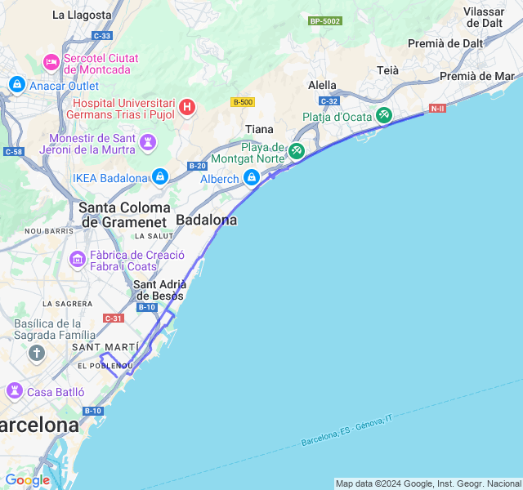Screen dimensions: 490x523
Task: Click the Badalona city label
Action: [207, 220]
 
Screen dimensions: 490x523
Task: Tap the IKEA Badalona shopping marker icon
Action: [159, 177]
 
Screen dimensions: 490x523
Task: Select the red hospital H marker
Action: [187, 108]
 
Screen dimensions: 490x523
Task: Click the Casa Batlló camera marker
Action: [15, 391]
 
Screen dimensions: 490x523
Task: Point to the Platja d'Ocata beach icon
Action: [383, 116]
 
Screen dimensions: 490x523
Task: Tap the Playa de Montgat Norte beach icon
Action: [296, 151]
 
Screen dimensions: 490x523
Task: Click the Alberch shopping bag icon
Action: [252, 178]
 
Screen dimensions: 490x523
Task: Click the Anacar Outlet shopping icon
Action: [16, 84]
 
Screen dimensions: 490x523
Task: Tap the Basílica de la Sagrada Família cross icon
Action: [36, 353]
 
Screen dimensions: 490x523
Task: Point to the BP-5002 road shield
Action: [325, 20]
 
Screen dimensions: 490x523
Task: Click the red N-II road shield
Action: [438, 108]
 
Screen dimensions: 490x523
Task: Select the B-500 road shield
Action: [242, 102]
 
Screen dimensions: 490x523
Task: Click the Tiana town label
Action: [260, 129]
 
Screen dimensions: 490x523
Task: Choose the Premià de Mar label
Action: [476, 76]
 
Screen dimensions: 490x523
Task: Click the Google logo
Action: [27, 480]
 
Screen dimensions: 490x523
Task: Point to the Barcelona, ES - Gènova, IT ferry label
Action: [346, 430]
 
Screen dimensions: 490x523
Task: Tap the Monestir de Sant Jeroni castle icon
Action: [147, 143]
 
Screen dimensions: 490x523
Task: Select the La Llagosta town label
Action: [82, 15]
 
